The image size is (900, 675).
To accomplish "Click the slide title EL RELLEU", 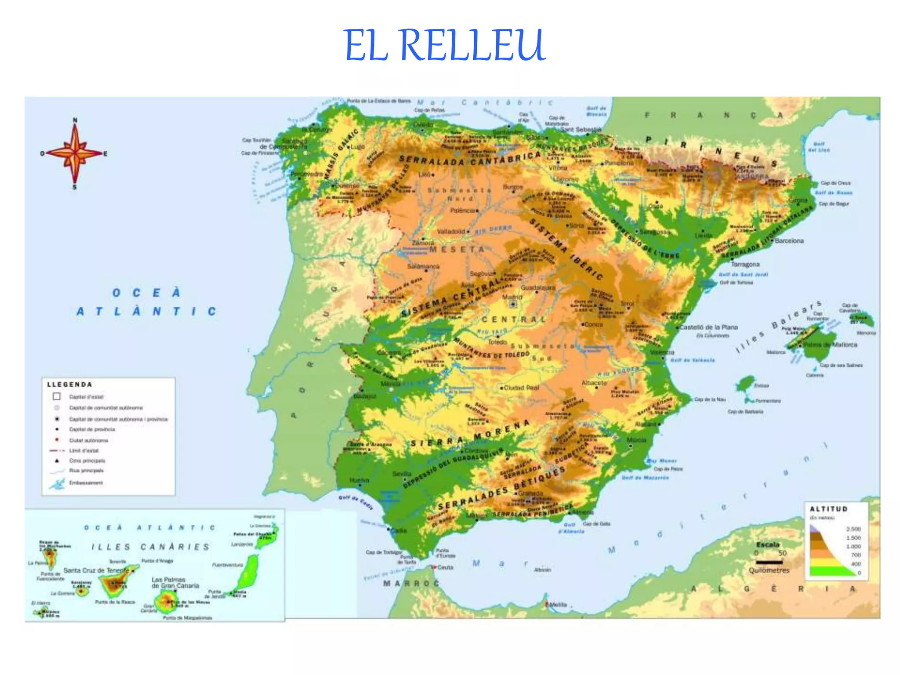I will pyautogui.click(x=444, y=45).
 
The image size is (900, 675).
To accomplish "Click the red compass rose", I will pyautogui.click(x=75, y=153).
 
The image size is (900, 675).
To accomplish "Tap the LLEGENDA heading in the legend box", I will pyautogui.click(x=69, y=385).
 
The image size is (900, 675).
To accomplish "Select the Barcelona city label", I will pyautogui.click(x=789, y=241).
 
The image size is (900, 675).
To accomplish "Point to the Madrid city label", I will pyautogui.click(x=512, y=297).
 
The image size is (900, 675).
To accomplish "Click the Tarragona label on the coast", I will pyautogui.click(x=745, y=264).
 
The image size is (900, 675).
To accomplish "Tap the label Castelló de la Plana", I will pyautogui.click(x=708, y=327).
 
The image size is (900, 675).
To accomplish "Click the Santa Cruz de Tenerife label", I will pyautogui.click(x=96, y=570).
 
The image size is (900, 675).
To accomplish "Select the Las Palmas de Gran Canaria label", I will pyautogui.click(x=175, y=583).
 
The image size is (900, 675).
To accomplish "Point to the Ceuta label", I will pyautogui.click(x=445, y=567).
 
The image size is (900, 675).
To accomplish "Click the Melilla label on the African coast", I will pyautogui.click(x=558, y=605).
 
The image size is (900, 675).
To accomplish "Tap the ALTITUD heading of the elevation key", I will pyautogui.click(x=828, y=509).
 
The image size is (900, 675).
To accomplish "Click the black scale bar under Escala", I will pyautogui.click(x=769, y=562).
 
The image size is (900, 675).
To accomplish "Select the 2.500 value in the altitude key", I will pyautogui.click(x=853, y=529).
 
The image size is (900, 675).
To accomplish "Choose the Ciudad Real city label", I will pyautogui.click(x=521, y=388).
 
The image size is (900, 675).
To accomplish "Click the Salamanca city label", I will pyautogui.click(x=423, y=266).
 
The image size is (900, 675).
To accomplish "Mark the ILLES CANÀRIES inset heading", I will pyautogui.click(x=150, y=547).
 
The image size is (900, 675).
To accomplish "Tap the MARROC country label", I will pyautogui.click(x=411, y=584).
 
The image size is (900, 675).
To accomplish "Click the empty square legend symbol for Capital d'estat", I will pyautogui.click(x=57, y=396).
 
